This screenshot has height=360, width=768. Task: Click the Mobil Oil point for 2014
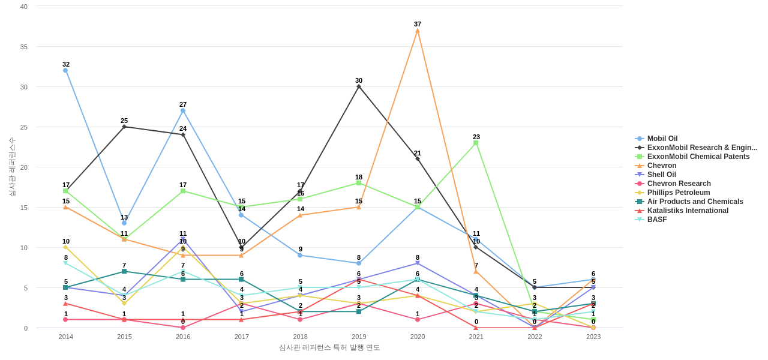[65, 70]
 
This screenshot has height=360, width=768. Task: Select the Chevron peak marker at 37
[418, 31]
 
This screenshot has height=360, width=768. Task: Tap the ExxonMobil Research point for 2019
[359, 86]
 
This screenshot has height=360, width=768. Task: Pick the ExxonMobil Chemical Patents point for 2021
[476, 143]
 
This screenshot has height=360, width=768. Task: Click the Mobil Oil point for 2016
[183, 110]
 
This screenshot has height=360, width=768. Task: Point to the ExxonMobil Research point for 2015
[124, 127]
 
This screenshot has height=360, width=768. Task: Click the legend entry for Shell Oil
[661, 175]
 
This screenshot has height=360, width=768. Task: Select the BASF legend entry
[656, 220]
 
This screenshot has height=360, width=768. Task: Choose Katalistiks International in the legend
[687, 211]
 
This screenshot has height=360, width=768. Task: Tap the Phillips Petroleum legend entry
[678, 193]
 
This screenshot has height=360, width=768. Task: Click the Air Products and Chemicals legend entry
[694, 202]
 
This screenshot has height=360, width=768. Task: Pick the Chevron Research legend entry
[679, 184]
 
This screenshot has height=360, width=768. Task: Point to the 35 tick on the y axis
[24, 47]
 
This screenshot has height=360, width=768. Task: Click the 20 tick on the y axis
[24, 167]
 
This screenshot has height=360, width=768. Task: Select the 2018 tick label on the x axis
[300, 337]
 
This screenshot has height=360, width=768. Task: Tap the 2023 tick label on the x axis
[593, 337]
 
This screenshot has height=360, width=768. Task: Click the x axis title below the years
[329, 347]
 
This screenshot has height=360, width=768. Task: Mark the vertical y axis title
[12, 167]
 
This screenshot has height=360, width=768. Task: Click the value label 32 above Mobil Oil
[66, 64]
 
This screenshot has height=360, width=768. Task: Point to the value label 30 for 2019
[359, 80]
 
